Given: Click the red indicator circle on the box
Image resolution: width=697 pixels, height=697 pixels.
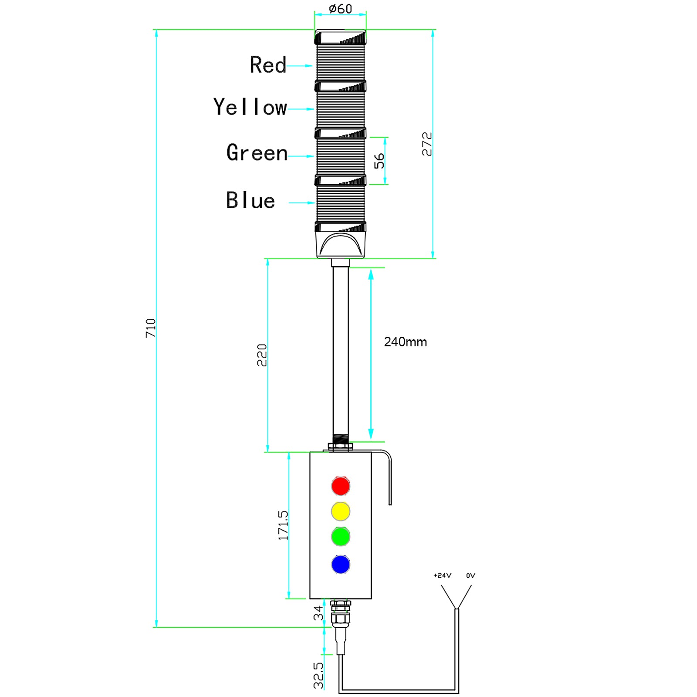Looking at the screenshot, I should pos(340,486).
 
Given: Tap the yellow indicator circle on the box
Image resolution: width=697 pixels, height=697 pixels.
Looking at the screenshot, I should pos(340,511).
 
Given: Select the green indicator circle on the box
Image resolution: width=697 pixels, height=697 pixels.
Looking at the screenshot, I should pos(340,536).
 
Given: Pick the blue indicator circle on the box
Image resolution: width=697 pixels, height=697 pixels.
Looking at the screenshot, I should pos(340,564).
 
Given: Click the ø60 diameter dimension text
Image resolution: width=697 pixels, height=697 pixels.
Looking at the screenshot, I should pos(340,9).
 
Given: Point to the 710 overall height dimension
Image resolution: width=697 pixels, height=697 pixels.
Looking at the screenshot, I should pos(151,328).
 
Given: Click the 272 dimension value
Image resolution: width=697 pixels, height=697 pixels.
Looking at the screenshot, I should pos(427,144).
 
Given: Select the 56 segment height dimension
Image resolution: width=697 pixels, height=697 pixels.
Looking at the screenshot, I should pos(379,161).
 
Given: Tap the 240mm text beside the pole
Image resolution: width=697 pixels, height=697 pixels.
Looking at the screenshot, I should pos(405,342).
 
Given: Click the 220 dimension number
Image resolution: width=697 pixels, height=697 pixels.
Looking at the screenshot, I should pos(262,355).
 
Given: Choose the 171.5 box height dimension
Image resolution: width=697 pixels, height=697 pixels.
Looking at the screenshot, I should pos(283,525).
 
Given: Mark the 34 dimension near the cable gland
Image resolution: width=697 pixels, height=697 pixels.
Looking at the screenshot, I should pos(318,613).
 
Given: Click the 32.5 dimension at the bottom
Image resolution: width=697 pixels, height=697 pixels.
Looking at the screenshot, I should pos(318,675).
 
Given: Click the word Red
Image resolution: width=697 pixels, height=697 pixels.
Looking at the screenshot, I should pos(268,65).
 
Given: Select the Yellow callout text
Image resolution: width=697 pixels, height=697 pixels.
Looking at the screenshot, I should pos(250,107).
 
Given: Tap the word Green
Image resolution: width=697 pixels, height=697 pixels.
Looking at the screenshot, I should pos(257,153).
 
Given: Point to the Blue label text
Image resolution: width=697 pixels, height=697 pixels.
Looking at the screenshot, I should pos(250,200).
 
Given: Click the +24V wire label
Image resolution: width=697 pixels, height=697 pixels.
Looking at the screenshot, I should pos(442,575).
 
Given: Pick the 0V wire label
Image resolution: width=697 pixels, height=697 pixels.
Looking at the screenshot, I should pos(470,575).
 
